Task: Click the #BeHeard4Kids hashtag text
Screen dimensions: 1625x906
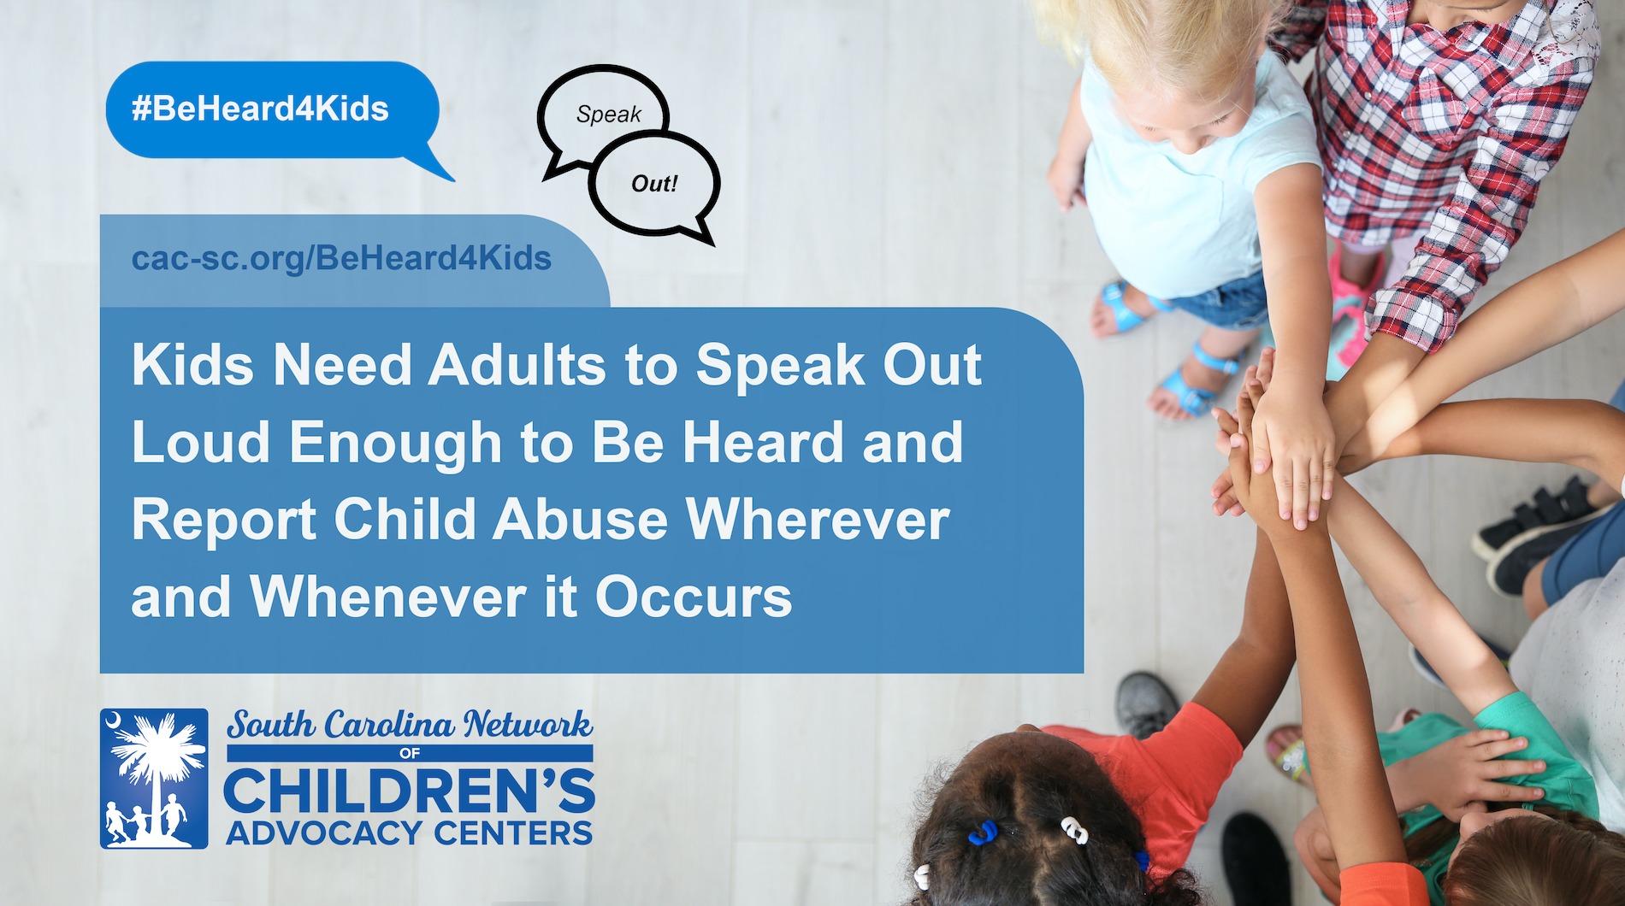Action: (260, 109)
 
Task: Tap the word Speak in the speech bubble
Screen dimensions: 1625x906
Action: (608, 115)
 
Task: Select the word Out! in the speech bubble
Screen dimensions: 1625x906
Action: (654, 184)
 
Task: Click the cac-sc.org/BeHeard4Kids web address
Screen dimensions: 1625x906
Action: (341, 259)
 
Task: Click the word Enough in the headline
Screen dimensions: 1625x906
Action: (395, 444)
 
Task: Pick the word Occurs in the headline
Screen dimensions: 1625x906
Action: (694, 597)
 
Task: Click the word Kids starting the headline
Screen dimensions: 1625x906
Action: (192, 366)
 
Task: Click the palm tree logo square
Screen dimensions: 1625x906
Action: (154, 779)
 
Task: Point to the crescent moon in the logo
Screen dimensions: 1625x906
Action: (112, 723)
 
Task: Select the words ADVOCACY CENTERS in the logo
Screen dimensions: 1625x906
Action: (409, 833)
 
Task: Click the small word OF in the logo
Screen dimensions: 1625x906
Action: (410, 753)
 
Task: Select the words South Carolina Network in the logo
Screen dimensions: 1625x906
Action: (409, 725)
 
